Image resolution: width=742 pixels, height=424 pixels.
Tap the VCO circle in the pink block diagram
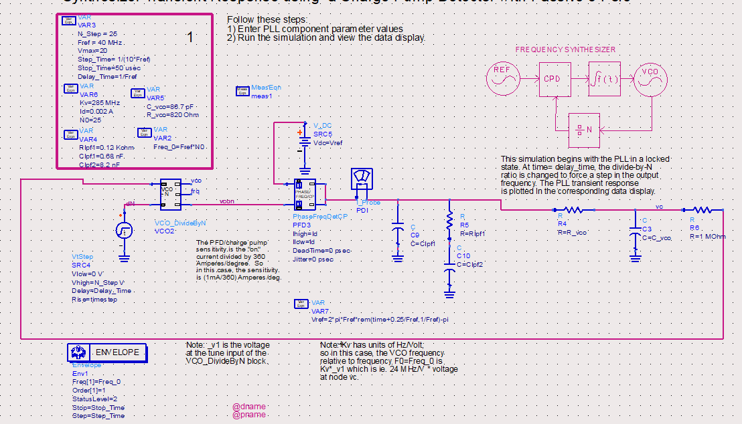click(650, 78)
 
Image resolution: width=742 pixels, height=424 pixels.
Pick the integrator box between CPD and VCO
click(605, 78)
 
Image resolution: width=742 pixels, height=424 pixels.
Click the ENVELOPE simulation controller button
click(107, 352)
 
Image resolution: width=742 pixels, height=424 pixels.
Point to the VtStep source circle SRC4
click(125, 231)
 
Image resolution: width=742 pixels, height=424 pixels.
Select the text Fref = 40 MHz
click(100, 42)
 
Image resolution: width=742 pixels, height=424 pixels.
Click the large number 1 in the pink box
click(190, 37)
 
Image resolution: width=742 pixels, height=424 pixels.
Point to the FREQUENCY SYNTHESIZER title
click(565, 49)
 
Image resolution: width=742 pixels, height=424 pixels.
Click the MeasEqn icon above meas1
click(242, 90)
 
